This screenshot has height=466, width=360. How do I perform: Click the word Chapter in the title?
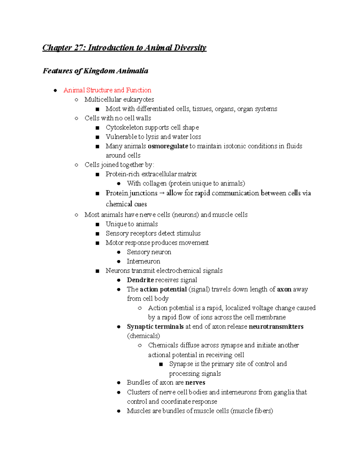(57, 48)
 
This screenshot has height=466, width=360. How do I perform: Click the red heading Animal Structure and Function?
(107, 90)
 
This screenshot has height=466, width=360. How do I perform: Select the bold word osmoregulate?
(168, 146)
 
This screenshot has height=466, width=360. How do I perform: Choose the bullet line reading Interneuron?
(143, 261)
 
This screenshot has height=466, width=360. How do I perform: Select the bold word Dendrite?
(140, 280)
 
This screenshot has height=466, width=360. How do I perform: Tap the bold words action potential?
(163, 289)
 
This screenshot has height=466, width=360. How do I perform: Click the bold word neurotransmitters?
(276, 326)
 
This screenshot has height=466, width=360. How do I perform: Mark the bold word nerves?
(195, 383)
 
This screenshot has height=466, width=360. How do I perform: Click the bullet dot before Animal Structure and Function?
(55, 90)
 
